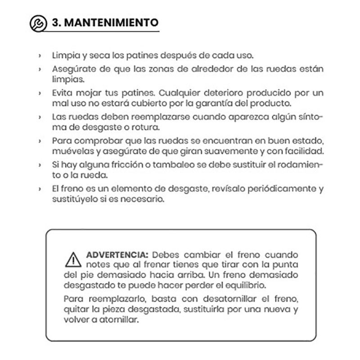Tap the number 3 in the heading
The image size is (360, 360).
pyautogui.click(x=56, y=22)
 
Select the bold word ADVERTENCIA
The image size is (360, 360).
pyautogui.click(x=116, y=254)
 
